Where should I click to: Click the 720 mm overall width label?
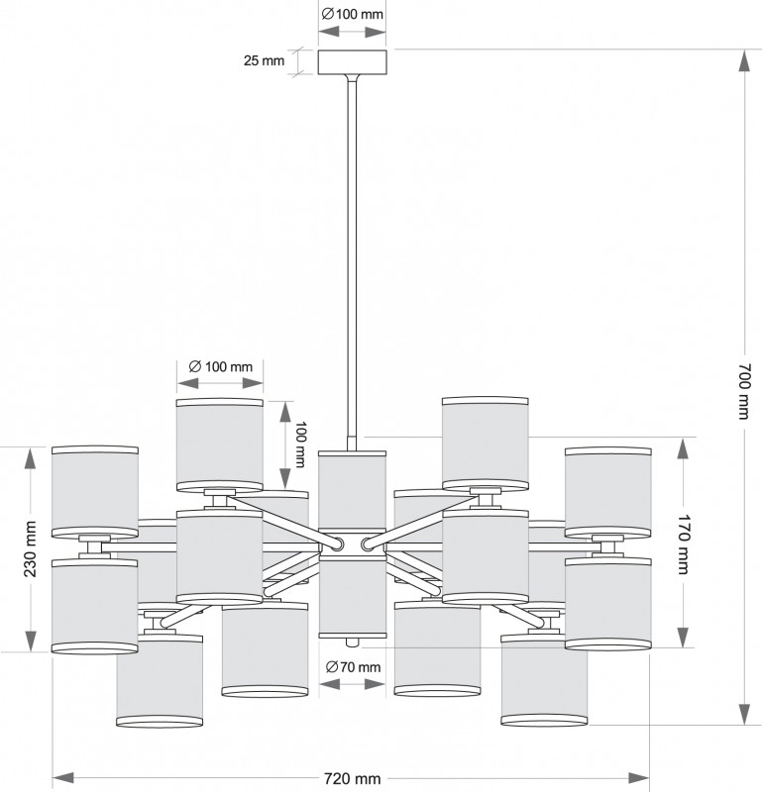tap(352, 779)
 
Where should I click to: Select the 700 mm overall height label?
tap(745, 391)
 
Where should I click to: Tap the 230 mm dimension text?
tap(30, 549)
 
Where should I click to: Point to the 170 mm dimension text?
tap(684, 544)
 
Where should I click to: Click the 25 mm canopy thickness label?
tap(264, 60)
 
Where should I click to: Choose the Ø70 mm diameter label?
tap(353, 667)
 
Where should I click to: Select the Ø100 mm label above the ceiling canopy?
tap(353, 14)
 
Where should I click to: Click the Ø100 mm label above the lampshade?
tap(220, 366)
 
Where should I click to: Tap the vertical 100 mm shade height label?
tap(300, 445)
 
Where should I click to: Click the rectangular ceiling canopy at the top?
tap(353, 62)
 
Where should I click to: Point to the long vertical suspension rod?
tap(352, 261)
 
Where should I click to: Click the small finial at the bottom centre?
tap(353, 642)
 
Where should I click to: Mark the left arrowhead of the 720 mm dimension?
tap(63, 778)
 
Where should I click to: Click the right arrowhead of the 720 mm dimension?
tap(638, 778)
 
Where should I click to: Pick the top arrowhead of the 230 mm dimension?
tap(31, 459)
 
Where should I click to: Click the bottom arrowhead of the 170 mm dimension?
tap(683, 637)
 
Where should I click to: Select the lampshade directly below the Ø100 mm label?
tap(219, 445)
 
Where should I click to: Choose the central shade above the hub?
tap(353, 489)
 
